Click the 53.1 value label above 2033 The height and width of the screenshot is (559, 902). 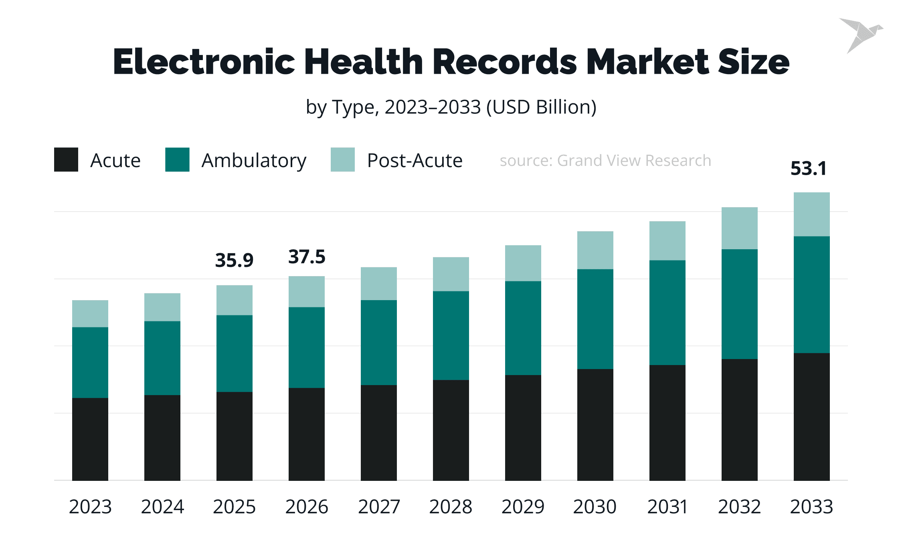(x=808, y=168)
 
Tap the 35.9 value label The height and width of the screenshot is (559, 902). (x=234, y=260)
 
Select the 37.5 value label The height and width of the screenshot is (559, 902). (x=307, y=257)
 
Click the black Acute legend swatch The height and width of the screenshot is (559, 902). (x=66, y=160)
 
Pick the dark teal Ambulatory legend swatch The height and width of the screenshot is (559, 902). (x=177, y=160)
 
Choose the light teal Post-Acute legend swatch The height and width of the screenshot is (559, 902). (x=342, y=160)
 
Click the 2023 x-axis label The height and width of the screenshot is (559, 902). (x=90, y=507)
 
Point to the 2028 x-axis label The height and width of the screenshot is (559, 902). (x=451, y=507)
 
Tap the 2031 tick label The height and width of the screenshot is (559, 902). (x=667, y=507)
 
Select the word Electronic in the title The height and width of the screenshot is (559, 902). (x=204, y=62)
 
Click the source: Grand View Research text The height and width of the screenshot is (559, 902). (x=605, y=161)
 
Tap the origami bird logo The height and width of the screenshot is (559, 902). (x=861, y=34)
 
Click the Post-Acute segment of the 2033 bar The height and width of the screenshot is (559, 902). (x=811, y=214)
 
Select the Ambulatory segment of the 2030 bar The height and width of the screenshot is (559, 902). (x=595, y=319)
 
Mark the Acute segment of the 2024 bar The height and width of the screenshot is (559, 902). (x=162, y=438)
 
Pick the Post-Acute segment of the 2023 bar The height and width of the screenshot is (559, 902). (x=90, y=314)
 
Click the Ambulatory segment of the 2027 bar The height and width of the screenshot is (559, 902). (x=378, y=343)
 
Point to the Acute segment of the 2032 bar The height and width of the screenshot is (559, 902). (x=739, y=420)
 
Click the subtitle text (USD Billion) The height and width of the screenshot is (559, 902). (x=541, y=107)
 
